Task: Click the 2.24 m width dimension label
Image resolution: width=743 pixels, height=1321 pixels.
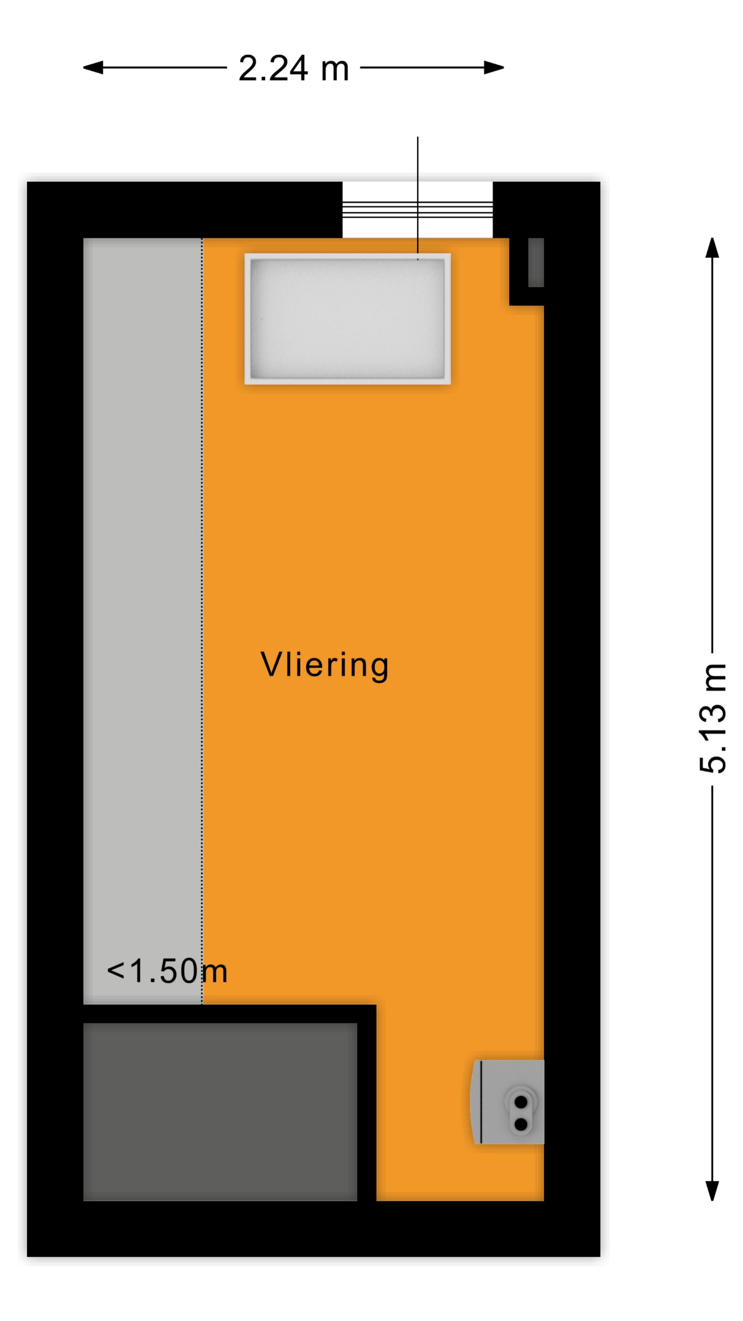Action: [293, 68]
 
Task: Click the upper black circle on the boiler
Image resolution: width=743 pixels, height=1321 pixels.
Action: [520, 1102]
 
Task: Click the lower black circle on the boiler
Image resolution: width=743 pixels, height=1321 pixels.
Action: [520, 1124]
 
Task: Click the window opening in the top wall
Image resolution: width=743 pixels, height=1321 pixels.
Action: [417, 210]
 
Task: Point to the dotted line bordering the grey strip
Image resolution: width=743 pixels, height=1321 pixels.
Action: [202, 615]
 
